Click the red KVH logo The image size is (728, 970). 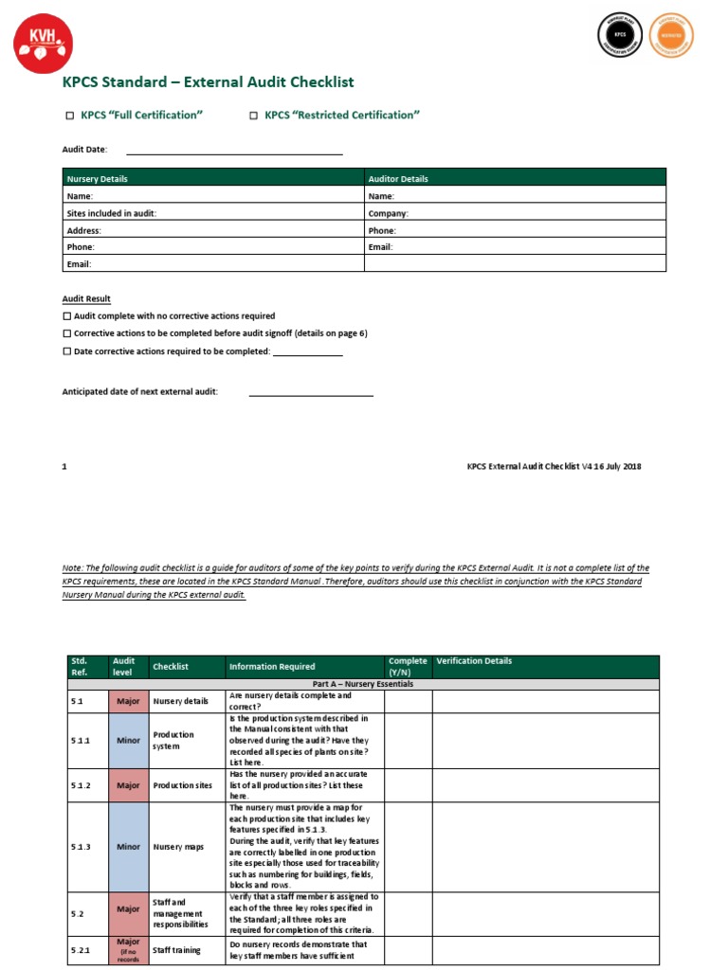(43, 43)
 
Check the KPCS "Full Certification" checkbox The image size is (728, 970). (69, 116)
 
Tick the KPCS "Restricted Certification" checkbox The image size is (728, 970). (253, 116)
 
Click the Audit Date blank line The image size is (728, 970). (234, 151)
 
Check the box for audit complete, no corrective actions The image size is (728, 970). (67, 316)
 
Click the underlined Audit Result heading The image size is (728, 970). (86, 299)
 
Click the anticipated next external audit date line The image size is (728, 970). (311, 392)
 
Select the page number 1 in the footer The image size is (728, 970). (64, 466)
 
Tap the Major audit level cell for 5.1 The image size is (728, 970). (128, 702)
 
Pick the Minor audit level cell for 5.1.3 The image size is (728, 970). (128, 847)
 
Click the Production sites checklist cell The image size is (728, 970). (185, 785)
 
